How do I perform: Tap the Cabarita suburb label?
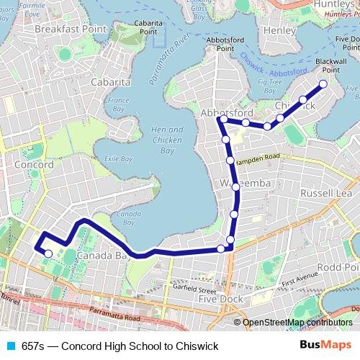coord(110,82)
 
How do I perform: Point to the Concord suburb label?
coord(34,164)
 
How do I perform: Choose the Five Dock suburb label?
coord(217,298)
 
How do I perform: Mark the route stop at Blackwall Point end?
coord(323,84)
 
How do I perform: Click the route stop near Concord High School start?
coord(48,253)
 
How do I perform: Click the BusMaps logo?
coord(326,346)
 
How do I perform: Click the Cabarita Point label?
coord(148,27)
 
